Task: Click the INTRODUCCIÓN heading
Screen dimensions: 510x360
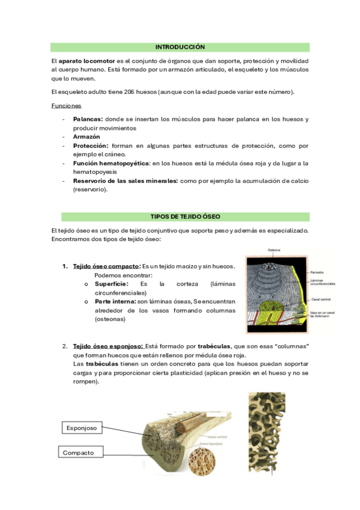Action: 180,47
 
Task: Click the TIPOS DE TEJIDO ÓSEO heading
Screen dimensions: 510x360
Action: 180,217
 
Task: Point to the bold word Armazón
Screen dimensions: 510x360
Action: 87,137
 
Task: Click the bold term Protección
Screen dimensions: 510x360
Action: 91,146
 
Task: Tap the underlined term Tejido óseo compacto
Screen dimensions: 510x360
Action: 105,266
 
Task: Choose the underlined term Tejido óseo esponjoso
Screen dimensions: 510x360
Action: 108,347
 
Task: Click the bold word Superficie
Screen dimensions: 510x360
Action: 111,283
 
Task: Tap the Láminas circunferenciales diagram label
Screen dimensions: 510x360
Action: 322,281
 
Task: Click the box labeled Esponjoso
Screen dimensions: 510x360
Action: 81,428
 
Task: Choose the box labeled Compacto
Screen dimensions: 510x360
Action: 79,452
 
